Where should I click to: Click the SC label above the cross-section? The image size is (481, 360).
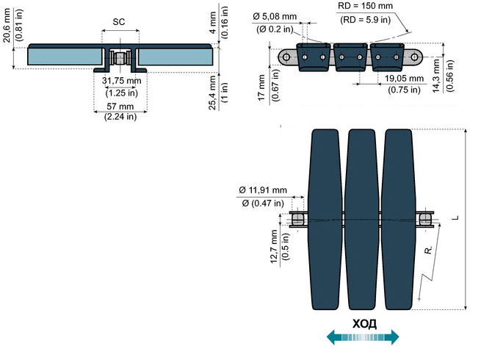119,22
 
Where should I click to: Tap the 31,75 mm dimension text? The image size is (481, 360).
122,81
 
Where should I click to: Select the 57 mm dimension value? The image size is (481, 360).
120,107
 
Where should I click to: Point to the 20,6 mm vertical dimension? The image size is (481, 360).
7,25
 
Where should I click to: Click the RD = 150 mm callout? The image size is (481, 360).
365,6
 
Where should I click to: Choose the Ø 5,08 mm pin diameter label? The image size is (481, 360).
275,16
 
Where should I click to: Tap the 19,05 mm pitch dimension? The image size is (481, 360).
404,79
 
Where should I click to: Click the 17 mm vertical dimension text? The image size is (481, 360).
261,87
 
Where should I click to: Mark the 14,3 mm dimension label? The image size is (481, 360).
436,76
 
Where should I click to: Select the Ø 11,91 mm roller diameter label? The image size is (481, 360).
263,190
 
